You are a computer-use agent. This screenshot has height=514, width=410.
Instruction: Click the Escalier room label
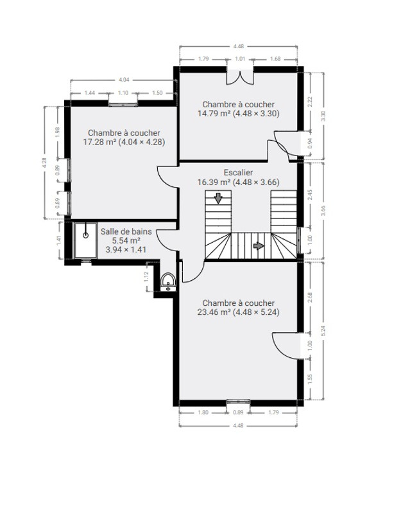pos(238,172)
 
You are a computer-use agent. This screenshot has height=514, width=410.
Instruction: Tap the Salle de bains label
pos(126,231)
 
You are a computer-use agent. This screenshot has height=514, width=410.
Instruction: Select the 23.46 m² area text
pos(214,312)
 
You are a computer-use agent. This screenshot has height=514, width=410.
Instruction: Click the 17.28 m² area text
pos(99,142)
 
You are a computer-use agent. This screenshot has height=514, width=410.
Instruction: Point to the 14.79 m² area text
pos(214,114)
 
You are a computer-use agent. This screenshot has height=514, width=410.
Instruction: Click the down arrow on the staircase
pos(218,199)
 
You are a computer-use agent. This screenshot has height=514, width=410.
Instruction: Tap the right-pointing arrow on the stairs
pos(259,245)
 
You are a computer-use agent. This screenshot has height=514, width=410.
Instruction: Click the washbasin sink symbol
pos(168,281)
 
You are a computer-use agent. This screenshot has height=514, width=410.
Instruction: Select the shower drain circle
pos(86,235)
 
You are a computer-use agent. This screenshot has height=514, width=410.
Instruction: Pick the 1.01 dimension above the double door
pos(240,59)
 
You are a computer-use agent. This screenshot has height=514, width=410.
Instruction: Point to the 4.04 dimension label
pos(124,79)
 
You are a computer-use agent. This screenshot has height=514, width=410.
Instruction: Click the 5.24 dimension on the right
pos(323,331)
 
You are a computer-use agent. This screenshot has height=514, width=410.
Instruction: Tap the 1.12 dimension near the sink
pos(146,276)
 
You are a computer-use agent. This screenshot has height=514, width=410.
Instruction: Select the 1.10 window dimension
pos(123,93)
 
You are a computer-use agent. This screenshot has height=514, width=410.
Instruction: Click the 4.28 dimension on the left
pos(44,163)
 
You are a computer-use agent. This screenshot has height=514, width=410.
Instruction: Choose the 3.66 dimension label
pos(323,211)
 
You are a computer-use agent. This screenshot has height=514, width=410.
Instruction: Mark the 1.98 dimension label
pos(58,132)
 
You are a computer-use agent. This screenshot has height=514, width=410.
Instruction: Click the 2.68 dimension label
pos(311,297)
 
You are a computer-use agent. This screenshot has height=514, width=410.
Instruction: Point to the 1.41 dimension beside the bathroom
pos(59,241)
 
